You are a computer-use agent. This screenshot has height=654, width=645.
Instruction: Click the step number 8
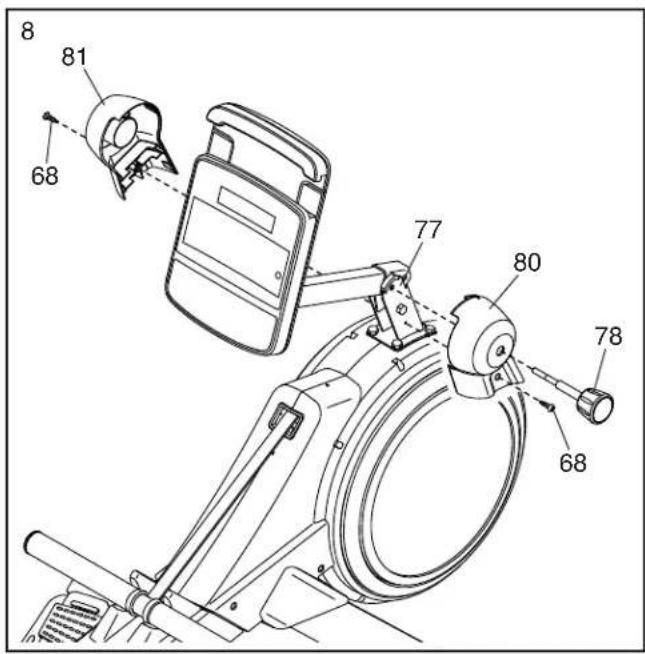click(x=28, y=31)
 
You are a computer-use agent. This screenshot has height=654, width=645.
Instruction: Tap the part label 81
click(x=74, y=57)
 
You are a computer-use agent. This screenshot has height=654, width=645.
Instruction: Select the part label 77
click(x=428, y=229)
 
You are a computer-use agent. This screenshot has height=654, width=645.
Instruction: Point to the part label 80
click(x=527, y=262)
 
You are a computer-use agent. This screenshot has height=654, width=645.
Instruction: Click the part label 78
click(x=608, y=337)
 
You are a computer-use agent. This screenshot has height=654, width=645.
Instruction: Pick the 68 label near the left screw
click(x=45, y=176)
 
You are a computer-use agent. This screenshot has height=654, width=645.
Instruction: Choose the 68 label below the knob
click(x=573, y=462)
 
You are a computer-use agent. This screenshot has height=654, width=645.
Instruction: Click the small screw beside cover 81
click(x=49, y=116)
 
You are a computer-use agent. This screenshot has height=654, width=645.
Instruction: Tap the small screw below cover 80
click(x=546, y=405)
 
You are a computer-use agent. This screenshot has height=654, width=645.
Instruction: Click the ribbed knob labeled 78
click(x=595, y=405)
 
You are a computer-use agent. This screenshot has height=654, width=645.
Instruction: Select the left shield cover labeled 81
click(x=129, y=140)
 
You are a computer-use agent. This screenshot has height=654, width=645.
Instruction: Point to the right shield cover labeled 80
click(x=484, y=345)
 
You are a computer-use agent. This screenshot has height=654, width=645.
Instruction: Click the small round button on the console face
click(x=278, y=276)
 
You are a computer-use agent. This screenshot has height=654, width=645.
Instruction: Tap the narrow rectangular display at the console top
click(x=247, y=210)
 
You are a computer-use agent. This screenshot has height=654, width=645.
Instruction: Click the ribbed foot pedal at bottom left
click(x=69, y=621)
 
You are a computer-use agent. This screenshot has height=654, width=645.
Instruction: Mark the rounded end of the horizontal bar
click(x=32, y=542)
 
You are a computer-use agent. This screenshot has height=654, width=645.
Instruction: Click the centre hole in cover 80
click(x=499, y=351)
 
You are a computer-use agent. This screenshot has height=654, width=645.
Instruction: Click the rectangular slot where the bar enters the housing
click(x=287, y=419)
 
